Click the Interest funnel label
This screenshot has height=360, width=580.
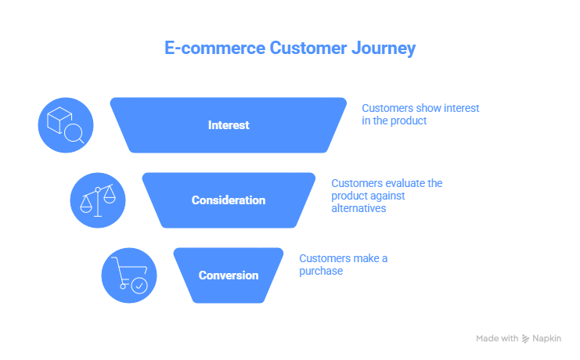[x=229, y=125]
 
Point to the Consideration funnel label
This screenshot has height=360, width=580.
[x=229, y=200]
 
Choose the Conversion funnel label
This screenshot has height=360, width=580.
[x=229, y=275]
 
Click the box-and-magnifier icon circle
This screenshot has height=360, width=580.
[x=66, y=125]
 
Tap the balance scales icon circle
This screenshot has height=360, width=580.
[x=98, y=200]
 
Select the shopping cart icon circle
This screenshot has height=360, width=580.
[x=129, y=275]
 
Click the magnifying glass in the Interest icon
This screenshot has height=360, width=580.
[x=74, y=134]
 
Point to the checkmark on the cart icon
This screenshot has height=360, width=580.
[x=139, y=286]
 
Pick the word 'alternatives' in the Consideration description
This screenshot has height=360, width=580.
[x=358, y=209]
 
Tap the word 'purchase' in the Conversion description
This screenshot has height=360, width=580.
[x=321, y=271]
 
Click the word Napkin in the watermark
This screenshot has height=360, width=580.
[x=552, y=339]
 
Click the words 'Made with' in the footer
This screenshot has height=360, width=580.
[x=497, y=339]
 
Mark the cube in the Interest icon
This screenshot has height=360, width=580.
[x=59, y=120]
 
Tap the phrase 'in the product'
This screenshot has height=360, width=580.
[x=394, y=121]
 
